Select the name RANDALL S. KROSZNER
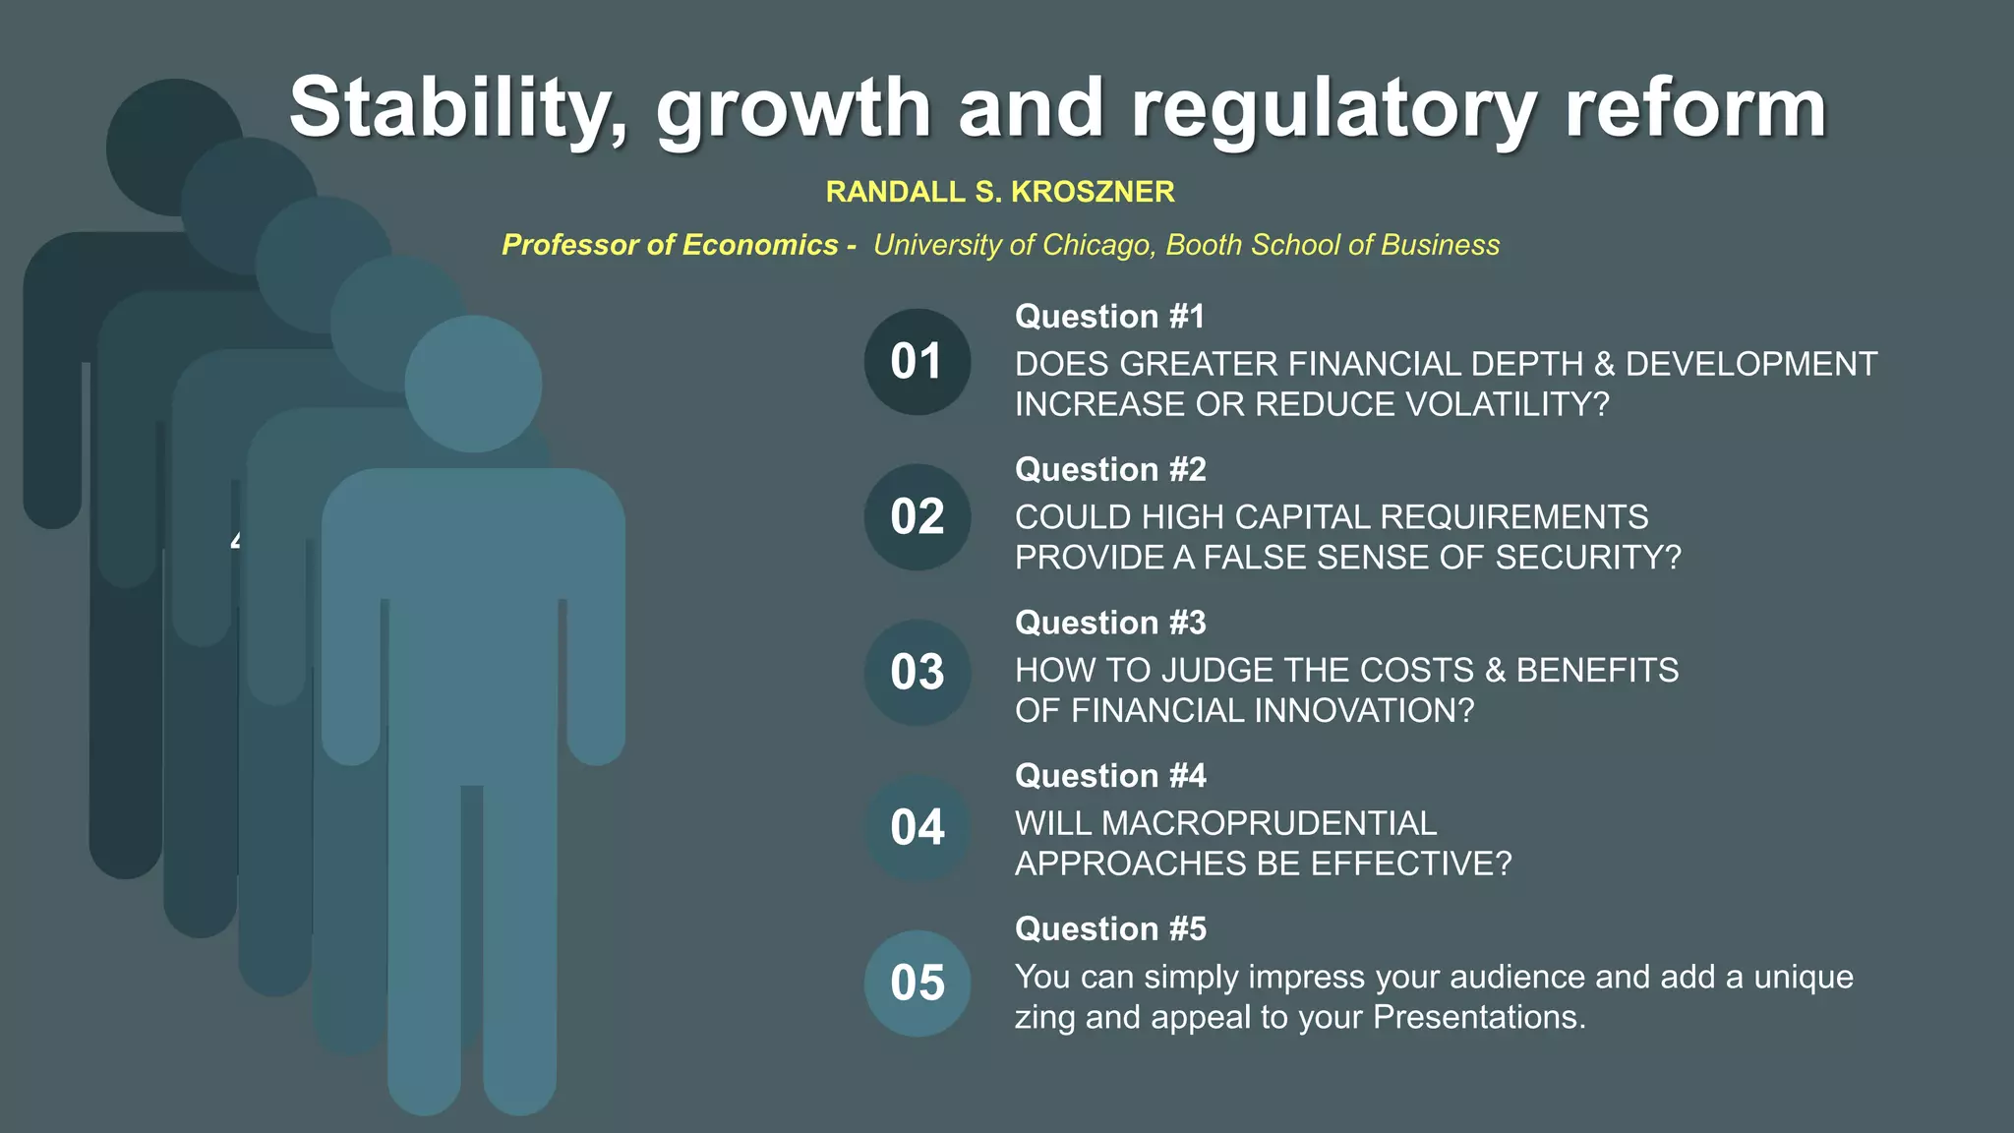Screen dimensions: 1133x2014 coord(1000,192)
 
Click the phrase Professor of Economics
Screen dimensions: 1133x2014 coord(670,245)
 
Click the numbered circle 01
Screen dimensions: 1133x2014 coord(917,362)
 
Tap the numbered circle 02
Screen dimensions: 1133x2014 coord(917,517)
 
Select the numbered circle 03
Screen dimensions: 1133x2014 coord(917,673)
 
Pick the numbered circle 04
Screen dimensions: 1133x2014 coord(917,827)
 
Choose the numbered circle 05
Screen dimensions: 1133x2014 coord(917,983)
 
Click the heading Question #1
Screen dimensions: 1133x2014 coord(1109,317)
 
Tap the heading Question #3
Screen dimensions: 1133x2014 coord(1109,623)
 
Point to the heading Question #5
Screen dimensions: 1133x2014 coord(1109,929)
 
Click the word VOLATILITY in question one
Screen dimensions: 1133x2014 coord(1505,404)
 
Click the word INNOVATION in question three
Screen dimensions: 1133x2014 coord(1357,711)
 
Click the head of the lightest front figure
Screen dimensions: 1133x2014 coord(473,384)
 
